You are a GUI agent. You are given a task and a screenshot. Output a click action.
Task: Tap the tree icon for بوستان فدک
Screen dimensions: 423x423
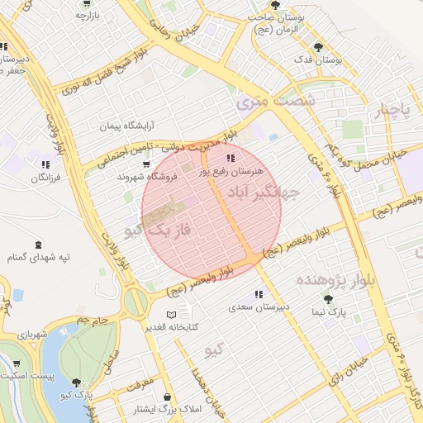click(318, 47)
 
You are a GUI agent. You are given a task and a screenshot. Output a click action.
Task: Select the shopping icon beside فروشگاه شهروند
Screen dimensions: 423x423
click(146, 164)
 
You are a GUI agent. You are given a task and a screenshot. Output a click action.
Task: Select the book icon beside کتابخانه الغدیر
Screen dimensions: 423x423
click(172, 315)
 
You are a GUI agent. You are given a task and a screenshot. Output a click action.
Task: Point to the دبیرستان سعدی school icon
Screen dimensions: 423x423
click(259, 294)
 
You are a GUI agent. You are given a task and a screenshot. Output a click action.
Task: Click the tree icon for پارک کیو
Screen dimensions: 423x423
click(76, 383)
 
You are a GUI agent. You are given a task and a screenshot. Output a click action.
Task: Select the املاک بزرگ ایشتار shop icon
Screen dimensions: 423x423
click(126, 409)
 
